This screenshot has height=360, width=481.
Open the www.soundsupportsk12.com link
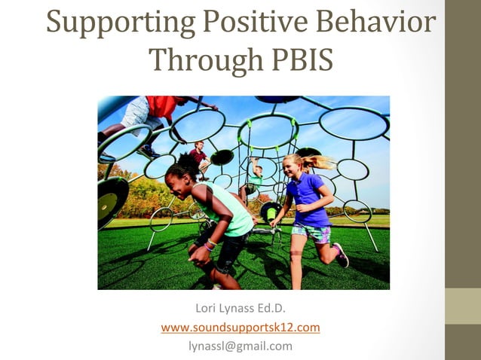tap(240, 328)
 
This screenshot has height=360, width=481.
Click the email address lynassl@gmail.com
tap(240, 346)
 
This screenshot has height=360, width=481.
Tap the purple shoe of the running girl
tap(342, 255)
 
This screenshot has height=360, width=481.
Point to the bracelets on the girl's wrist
tap(210, 245)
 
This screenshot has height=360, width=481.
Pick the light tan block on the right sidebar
tap(463, 306)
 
